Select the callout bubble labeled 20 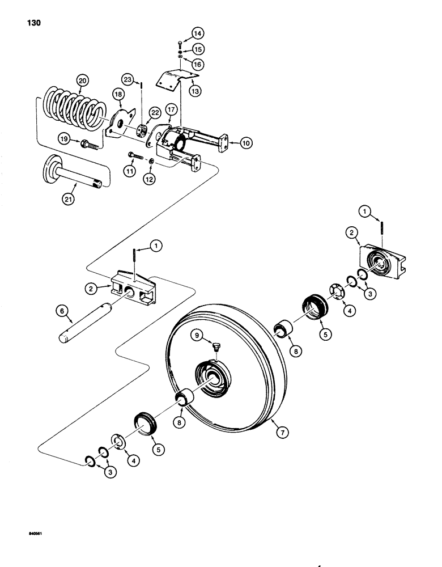click(x=83, y=82)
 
